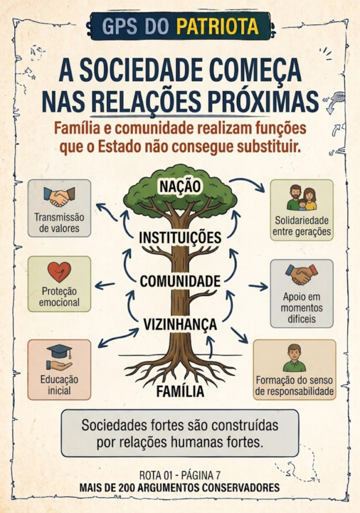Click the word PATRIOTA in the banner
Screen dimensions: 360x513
[217, 26]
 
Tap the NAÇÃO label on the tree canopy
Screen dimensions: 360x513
[180, 186]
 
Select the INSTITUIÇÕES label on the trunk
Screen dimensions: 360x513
[180, 238]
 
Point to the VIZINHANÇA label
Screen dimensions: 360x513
[180, 325]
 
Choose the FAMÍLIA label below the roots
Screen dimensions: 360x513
[180, 391]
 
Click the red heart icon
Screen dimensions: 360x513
[59, 272]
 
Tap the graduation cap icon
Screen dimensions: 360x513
[59, 351]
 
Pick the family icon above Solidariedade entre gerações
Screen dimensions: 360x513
[302, 197]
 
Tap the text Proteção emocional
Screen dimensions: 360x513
[59, 297]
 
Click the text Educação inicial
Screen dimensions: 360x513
[59, 385]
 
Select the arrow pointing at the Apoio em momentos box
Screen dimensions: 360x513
[258, 287]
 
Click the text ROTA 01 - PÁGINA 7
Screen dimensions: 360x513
[180, 475]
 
